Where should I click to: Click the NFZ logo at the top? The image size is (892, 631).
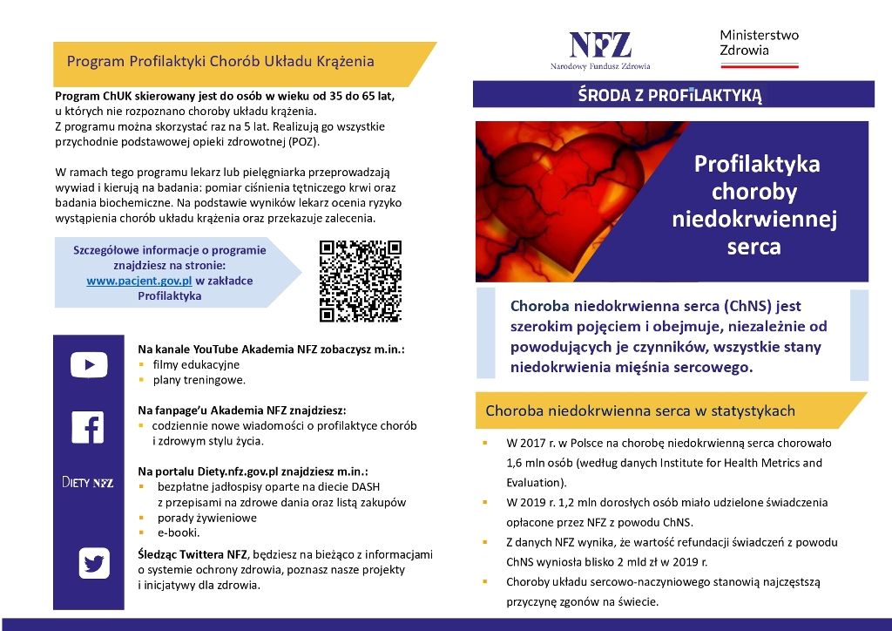pyautogui.click(x=600, y=49)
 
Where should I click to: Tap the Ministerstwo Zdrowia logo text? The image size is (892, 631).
pyautogui.click(x=759, y=43)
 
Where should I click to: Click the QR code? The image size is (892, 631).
pyautogui.click(x=361, y=281)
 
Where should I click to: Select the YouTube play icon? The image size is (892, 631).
pyautogui.click(x=89, y=364)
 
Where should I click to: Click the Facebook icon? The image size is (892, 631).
pyautogui.click(x=89, y=427)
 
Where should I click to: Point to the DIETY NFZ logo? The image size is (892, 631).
pyautogui.click(x=87, y=482)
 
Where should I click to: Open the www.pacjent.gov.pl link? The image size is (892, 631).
pyautogui.click(x=139, y=281)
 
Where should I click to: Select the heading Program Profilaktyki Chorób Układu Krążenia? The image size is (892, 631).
pyautogui.click(x=220, y=62)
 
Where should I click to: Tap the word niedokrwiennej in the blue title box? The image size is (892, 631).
pyautogui.click(x=754, y=220)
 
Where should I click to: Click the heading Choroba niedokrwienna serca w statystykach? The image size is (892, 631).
pyautogui.click(x=639, y=410)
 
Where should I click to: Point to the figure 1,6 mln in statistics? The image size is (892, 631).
pyautogui.click(x=527, y=462)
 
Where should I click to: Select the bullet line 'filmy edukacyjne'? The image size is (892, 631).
pyautogui.click(x=196, y=364)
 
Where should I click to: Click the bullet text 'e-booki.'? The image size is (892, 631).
pyautogui.click(x=179, y=533)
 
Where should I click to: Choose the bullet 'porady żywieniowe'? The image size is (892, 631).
pyautogui.click(x=206, y=518)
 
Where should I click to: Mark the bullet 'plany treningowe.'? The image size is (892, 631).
pyautogui.click(x=199, y=380)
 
